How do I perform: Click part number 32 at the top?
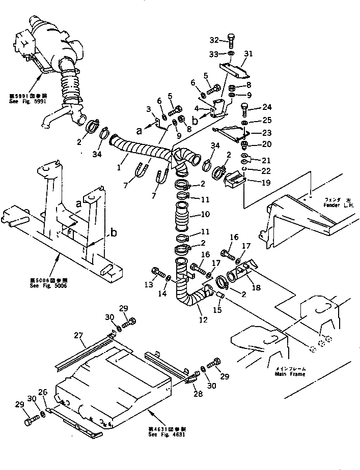tap(214, 40)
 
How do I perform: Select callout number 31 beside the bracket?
tap(248, 54)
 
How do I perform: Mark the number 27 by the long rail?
tap(77, 335)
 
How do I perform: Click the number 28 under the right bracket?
tap(197, 394)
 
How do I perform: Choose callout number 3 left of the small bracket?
tap(148, 109)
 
